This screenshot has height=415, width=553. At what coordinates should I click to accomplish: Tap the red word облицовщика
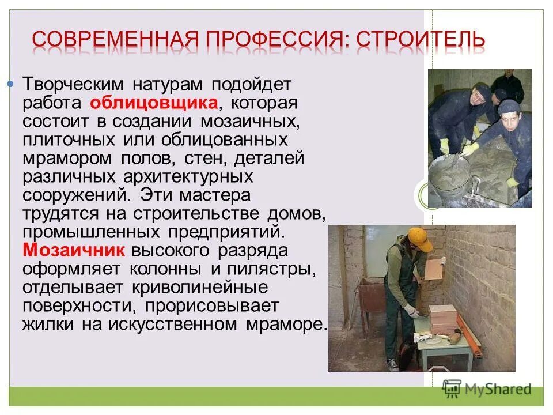154,104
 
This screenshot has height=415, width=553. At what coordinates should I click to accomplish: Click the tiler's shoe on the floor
392,364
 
